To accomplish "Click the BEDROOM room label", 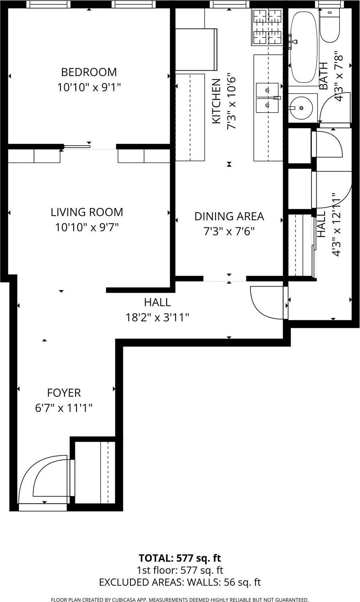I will pyautogui.click(x=89, y=72).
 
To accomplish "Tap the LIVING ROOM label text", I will pyautogui.click(x=87, y=212).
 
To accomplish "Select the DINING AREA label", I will pyautogui.click(x=229, y=216).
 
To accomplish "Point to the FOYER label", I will pyautogui.click(x=64, y=393).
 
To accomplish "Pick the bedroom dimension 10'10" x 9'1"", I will pyautogui.click(x=89, y=87).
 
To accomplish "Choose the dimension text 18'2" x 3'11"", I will pyautogui.click(x=157, y=317).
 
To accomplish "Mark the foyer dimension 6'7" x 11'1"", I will pyautogui.click(x=64, y=408).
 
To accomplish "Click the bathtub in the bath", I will pyautogui.click(x=304, y=46).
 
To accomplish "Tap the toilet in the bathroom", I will pyautogui.click(x=330, y=25).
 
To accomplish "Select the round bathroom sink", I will pyautogui.click(x=302, y=108).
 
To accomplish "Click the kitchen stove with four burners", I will pyautogui.click(x=267, y=27).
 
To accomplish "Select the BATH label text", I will pyautogui.click(x=324, y=76).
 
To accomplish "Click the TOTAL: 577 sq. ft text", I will pyautogui.click(x=180, y=558).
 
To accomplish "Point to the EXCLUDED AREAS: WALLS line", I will pyautogui.click(x=180, y=582).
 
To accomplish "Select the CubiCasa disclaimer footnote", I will pyautogui.click(x=180, y=600).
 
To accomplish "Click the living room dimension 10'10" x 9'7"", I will pyautogui.click(x=87, y=227).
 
